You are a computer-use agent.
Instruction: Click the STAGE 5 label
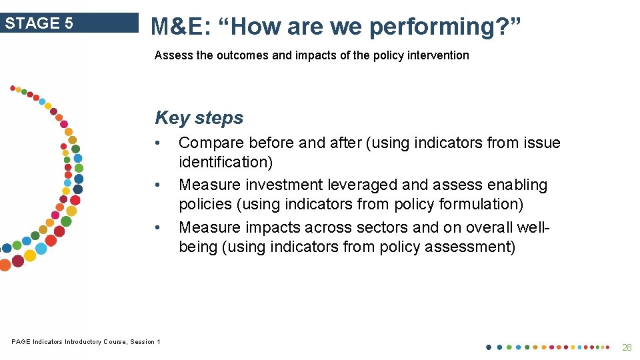(x=39, y=23)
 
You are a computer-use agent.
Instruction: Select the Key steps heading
(x=199, y=118)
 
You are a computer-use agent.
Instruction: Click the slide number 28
(x=626, y=347)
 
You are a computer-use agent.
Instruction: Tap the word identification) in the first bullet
(x=226, y=162)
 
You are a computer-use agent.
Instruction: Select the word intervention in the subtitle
(x=439, y=55)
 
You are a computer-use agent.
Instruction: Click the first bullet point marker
(x=156, y=143)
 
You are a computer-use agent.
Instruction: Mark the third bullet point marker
(x=156, y=227)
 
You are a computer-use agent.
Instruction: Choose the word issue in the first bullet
(x=543, y=143)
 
